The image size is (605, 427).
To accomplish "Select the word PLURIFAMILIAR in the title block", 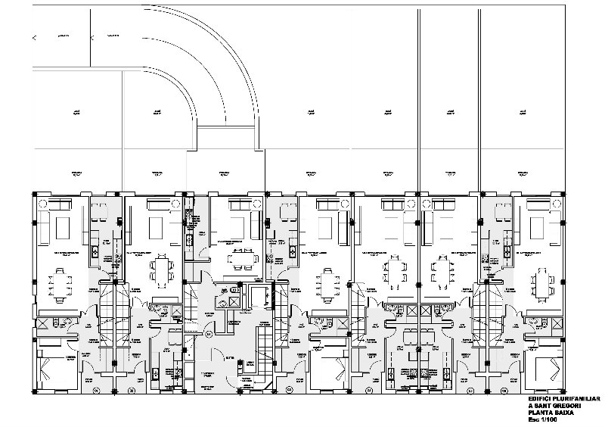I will (x=576, y=397).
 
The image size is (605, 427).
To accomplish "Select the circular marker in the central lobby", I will (x=209, y=333).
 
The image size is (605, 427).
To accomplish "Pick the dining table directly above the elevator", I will (x=242, y=259).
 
